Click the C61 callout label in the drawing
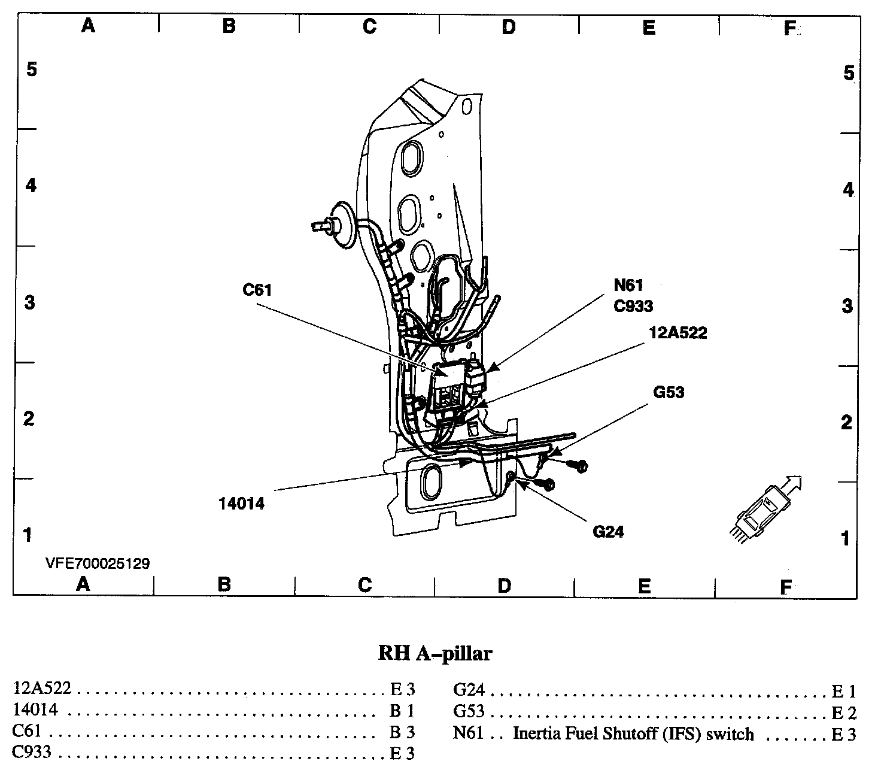[257, 290]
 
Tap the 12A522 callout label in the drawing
[678, 333]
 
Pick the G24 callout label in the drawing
[608, 531]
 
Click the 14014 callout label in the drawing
[241, 504]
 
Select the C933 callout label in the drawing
[633, 306]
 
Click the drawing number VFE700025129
[98, 563]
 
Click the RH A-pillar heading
[435, 653]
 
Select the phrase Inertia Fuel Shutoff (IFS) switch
[633, 733]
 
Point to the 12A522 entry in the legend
[42, 688]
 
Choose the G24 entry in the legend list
[469, 690]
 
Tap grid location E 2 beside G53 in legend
[844, 713]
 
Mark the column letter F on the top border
[790, 28]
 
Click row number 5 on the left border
[31, 69]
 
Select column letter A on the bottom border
[83, 584]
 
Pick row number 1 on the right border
[845, 539]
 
